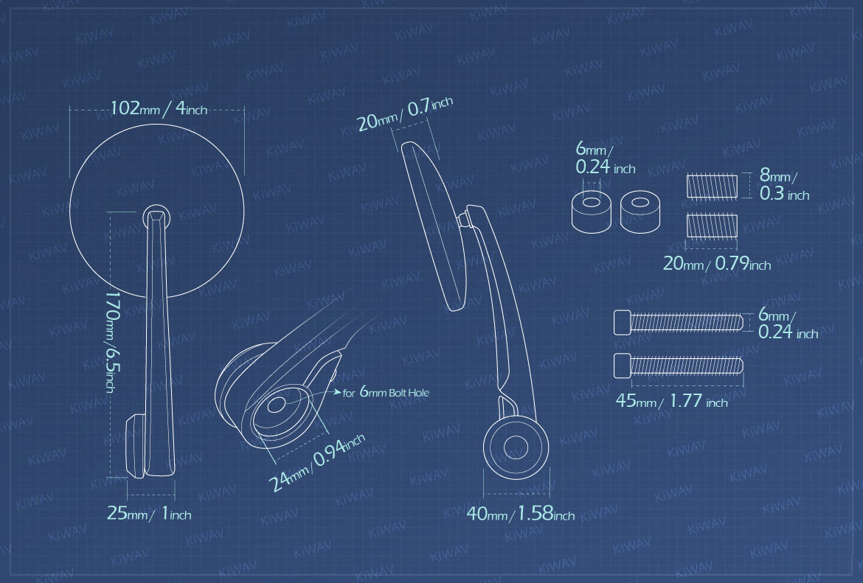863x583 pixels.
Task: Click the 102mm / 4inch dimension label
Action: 159,108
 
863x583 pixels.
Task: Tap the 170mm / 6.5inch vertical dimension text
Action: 111,342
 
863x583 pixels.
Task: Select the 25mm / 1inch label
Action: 149,514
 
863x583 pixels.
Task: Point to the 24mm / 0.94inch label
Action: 316,463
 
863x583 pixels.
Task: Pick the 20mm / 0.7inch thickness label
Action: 404,114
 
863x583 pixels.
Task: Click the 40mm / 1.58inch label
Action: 521,514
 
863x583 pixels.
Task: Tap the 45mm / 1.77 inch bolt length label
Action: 671,401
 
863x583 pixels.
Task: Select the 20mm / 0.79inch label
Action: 717,264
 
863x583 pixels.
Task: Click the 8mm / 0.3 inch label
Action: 784,184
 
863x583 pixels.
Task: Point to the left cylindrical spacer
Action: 592,212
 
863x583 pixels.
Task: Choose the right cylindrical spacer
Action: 640,212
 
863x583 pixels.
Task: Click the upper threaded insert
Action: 712,186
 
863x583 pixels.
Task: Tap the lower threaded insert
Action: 712,226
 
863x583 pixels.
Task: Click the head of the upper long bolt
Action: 623,322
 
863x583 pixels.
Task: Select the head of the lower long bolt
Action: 623,366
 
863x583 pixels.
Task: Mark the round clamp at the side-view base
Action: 516,447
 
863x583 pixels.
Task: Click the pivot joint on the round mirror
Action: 156,217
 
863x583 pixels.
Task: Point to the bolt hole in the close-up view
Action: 277,405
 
